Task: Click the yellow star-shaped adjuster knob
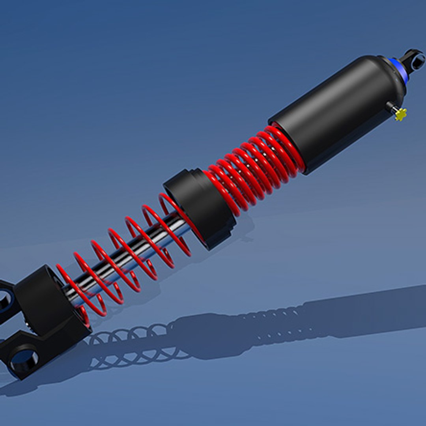pyautogui.click(x=401, y=114)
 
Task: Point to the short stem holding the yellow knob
pyautogui.click(x=391, y=107)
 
